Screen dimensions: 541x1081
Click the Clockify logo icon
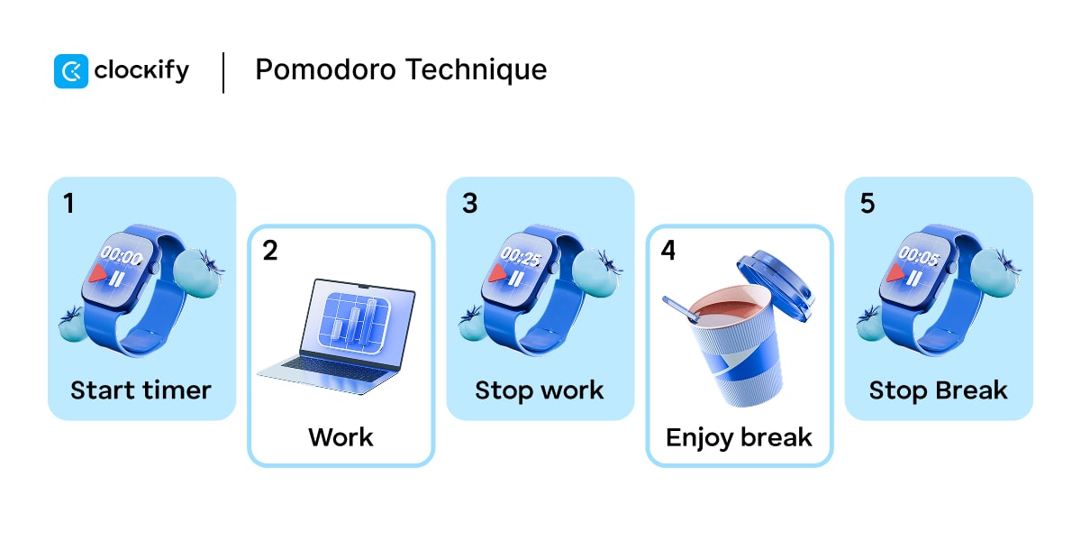pos(71,71)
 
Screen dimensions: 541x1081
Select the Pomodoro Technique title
pos(401,70)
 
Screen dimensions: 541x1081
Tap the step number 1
pos(68,203)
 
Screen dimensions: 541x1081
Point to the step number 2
pos(269,250)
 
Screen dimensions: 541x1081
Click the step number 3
pos(469,203)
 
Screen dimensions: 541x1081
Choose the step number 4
pos(668,250)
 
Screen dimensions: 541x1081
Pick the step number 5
pos(867,203)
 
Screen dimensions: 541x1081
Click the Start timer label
pos(141,390)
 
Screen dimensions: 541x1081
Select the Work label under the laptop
pos(341,437)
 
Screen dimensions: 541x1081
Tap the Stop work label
pos(540,390)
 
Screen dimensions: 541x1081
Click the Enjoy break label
pos(739,437)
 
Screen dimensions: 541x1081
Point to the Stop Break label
pos(938,390)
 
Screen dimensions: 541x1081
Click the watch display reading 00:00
pos(121,258)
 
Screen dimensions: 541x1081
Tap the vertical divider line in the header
pos(223,72)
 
